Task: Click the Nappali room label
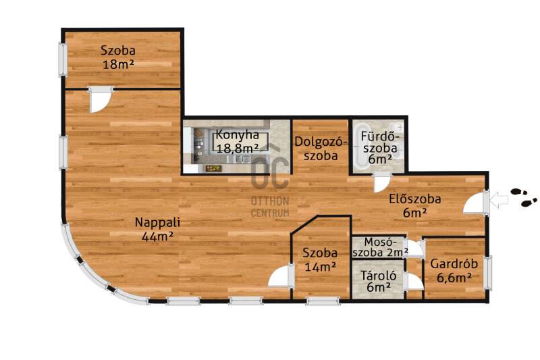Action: pyautogui.click(x=157, y=222)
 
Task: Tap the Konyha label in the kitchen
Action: pyautogui.click(x=238, y=134)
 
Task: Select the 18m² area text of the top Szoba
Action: pyautogui.click(x=118, y=64)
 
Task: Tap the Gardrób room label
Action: pyautogui.click(x=454, y=264)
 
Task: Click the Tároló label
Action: pyautogui.click(x=379, y=276)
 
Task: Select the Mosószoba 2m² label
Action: pyautogui.click(x=381, y=247)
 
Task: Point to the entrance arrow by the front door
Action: pyautogui.click(x=499, y=200)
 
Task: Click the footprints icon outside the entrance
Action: pyautogui.click(x=524, y=197)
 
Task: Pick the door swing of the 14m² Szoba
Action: pyautogui.click(x=279, y=276)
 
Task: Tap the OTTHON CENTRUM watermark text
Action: pyautogui.click(x=270, y=207)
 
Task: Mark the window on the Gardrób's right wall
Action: pyautogui.click(x=487, y=272)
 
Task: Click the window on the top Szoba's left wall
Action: pyautogui.click(x=63, y=59)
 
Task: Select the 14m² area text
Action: pyautogui.click(x=320, y=267)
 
